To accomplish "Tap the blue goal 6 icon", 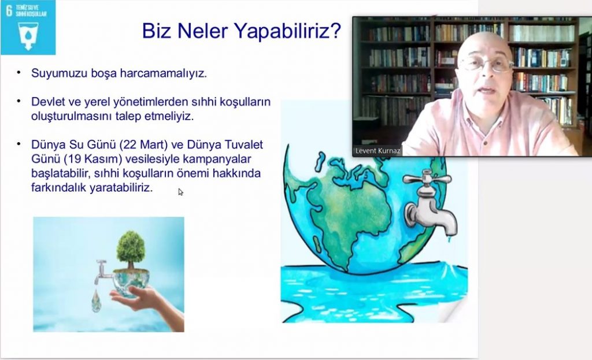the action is pyautogui.click(x=28, y=27).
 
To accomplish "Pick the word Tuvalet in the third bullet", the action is pyautogui.click(x=243, y=144).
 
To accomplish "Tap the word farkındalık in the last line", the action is pyautogui.click(x=59, y=188).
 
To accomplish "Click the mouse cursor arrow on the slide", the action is pyautogui.click(x=180, y=192).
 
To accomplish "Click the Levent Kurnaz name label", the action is pyautogui.click(x=378, y=151).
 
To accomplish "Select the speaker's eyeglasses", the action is pyautogui.click(x=486, y=64).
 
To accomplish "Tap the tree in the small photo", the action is pyautogui.click(x=131, y=250).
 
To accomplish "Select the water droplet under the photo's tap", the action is pyautogui.click(x=97, y=301).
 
